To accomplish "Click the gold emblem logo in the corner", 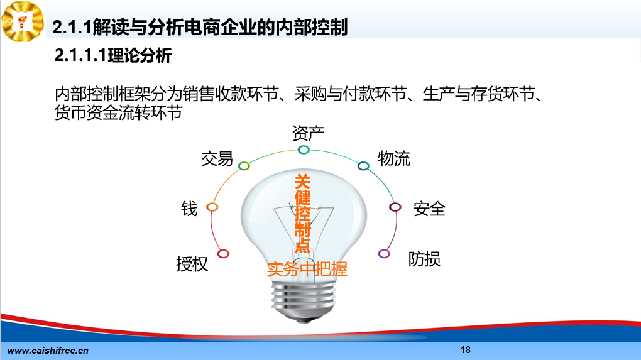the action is coord(23,21).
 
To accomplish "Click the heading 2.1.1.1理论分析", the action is coord(113,55).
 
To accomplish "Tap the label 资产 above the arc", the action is coord(308,133).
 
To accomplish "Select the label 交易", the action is coord(217,158).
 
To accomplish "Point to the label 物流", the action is coord(393,158).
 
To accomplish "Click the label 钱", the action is coord(189,209).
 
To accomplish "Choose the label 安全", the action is coord(429,209).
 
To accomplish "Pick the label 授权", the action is coord(192,264).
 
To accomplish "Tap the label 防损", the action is coord(424,259).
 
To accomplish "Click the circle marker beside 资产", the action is coord(304,150).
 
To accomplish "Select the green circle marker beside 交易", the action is coord(244,165).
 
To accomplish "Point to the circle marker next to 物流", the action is coord(363,165).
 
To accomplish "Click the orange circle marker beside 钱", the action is coord(212,207).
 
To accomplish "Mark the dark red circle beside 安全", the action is coord(395,207).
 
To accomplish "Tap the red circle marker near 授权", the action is coord(223,254).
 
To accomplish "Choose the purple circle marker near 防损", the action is coord(384,254).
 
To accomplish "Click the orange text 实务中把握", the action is coord(307,270).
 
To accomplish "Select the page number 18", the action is coord(466,350).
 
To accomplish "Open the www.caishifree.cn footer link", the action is coord(48,351).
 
